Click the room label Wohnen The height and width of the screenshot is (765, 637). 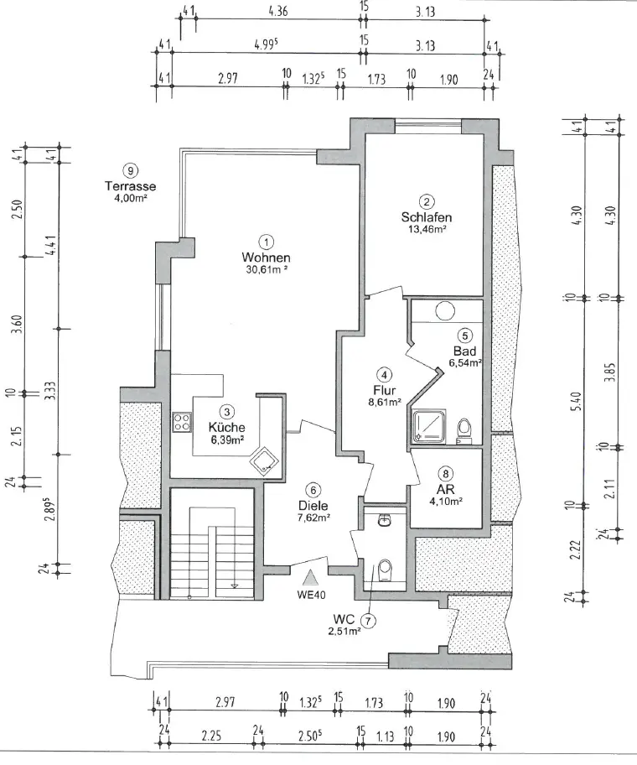(266, 258)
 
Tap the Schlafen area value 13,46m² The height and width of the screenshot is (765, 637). (427, 228)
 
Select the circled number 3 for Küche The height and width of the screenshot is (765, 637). (226, 412)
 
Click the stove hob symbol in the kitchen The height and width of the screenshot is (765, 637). (182, 423)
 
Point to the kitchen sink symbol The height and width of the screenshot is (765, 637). (264, 461)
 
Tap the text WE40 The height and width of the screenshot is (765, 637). (311, 595)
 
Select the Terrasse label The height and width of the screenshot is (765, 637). (130, 186)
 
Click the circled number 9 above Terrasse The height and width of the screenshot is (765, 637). (130, 171)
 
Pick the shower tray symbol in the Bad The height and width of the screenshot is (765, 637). (429, 426)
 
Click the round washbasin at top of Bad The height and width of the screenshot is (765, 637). (445, 310)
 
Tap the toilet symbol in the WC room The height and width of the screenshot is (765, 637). (385, 570)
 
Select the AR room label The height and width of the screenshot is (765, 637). (445, 489)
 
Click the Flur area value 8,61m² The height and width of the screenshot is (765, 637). (385, 402)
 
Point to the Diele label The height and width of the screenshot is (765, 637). (313, 506)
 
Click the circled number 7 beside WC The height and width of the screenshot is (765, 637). (368, 621)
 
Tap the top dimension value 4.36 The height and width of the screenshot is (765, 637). (277, 11)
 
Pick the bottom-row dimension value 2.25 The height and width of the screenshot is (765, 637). (211, 736)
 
